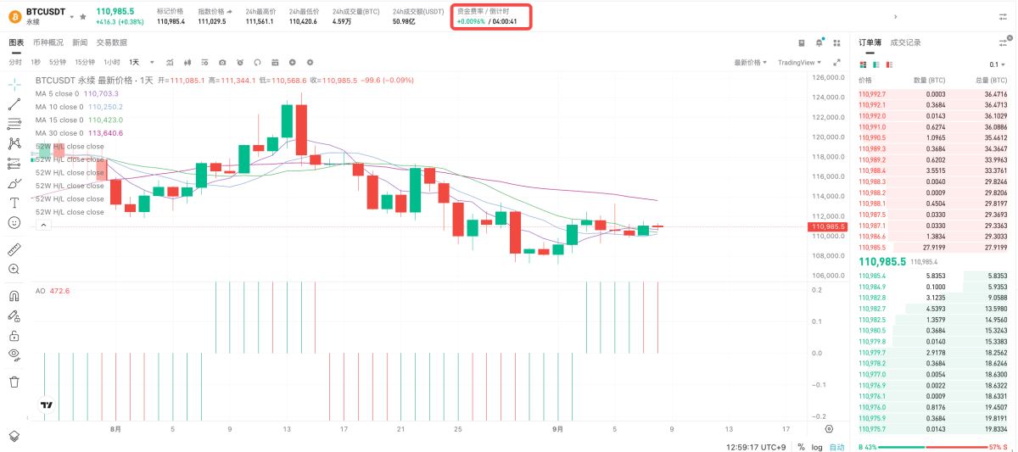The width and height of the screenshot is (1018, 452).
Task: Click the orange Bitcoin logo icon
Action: coord(14,15)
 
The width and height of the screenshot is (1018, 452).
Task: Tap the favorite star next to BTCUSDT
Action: coord(82,16)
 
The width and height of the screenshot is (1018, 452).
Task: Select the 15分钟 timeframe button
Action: coord(85,62)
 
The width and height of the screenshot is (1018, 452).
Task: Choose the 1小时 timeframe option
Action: coord(111,62)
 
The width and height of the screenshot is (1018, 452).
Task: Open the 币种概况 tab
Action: coord(48,42)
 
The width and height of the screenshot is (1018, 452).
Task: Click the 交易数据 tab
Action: coord(112,42)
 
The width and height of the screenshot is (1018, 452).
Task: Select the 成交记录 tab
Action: coord(905,42)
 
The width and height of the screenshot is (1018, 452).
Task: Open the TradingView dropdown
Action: coord(798,62)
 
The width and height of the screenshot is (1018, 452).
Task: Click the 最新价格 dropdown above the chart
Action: coord(750,62)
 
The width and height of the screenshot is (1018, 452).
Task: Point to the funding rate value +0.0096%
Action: coord(471,21)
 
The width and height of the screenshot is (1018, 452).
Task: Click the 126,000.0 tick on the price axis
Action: coord(828,77)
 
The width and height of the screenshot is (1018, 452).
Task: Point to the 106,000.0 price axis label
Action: coord(828,276)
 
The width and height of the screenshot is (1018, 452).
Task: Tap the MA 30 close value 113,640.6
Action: coord(105,133)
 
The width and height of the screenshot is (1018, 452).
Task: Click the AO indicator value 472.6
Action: coord(59,291)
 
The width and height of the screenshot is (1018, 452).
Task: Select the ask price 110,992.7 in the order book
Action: coord(872,94)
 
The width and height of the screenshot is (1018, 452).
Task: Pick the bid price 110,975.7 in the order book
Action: coord(872,429)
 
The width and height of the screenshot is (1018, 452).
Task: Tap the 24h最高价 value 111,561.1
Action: coord(260,21)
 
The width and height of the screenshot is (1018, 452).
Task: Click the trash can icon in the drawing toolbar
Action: coord(14,382)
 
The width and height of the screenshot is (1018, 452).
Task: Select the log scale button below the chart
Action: coord(816,446)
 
